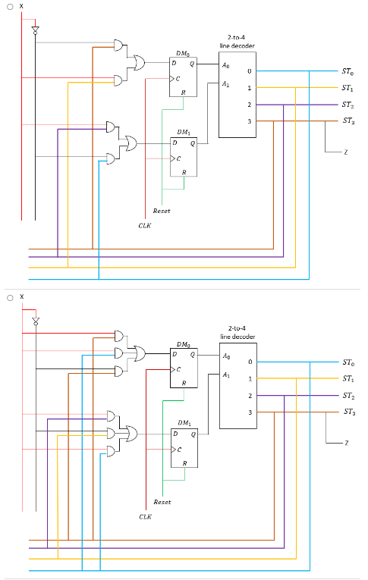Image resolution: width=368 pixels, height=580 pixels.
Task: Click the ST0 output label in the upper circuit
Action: click(347, 72)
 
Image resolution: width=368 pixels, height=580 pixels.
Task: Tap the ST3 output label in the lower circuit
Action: click(348, 412)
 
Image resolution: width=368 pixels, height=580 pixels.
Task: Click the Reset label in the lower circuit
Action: click(162, 502)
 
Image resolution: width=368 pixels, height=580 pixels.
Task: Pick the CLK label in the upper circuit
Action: click(145, 225)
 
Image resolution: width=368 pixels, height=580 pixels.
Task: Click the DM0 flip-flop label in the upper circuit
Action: click(183, 53)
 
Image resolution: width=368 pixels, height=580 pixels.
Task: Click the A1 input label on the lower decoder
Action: click(226, 375)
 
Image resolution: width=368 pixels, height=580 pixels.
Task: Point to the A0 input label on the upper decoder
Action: click(226, 66)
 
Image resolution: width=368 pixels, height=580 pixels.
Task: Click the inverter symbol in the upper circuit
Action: click(34, 31)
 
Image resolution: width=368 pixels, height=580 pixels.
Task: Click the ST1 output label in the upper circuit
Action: click(347, 88)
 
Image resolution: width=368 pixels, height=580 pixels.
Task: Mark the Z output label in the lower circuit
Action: click(346, 443)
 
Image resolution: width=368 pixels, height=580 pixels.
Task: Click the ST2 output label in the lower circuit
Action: click(348, 395)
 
